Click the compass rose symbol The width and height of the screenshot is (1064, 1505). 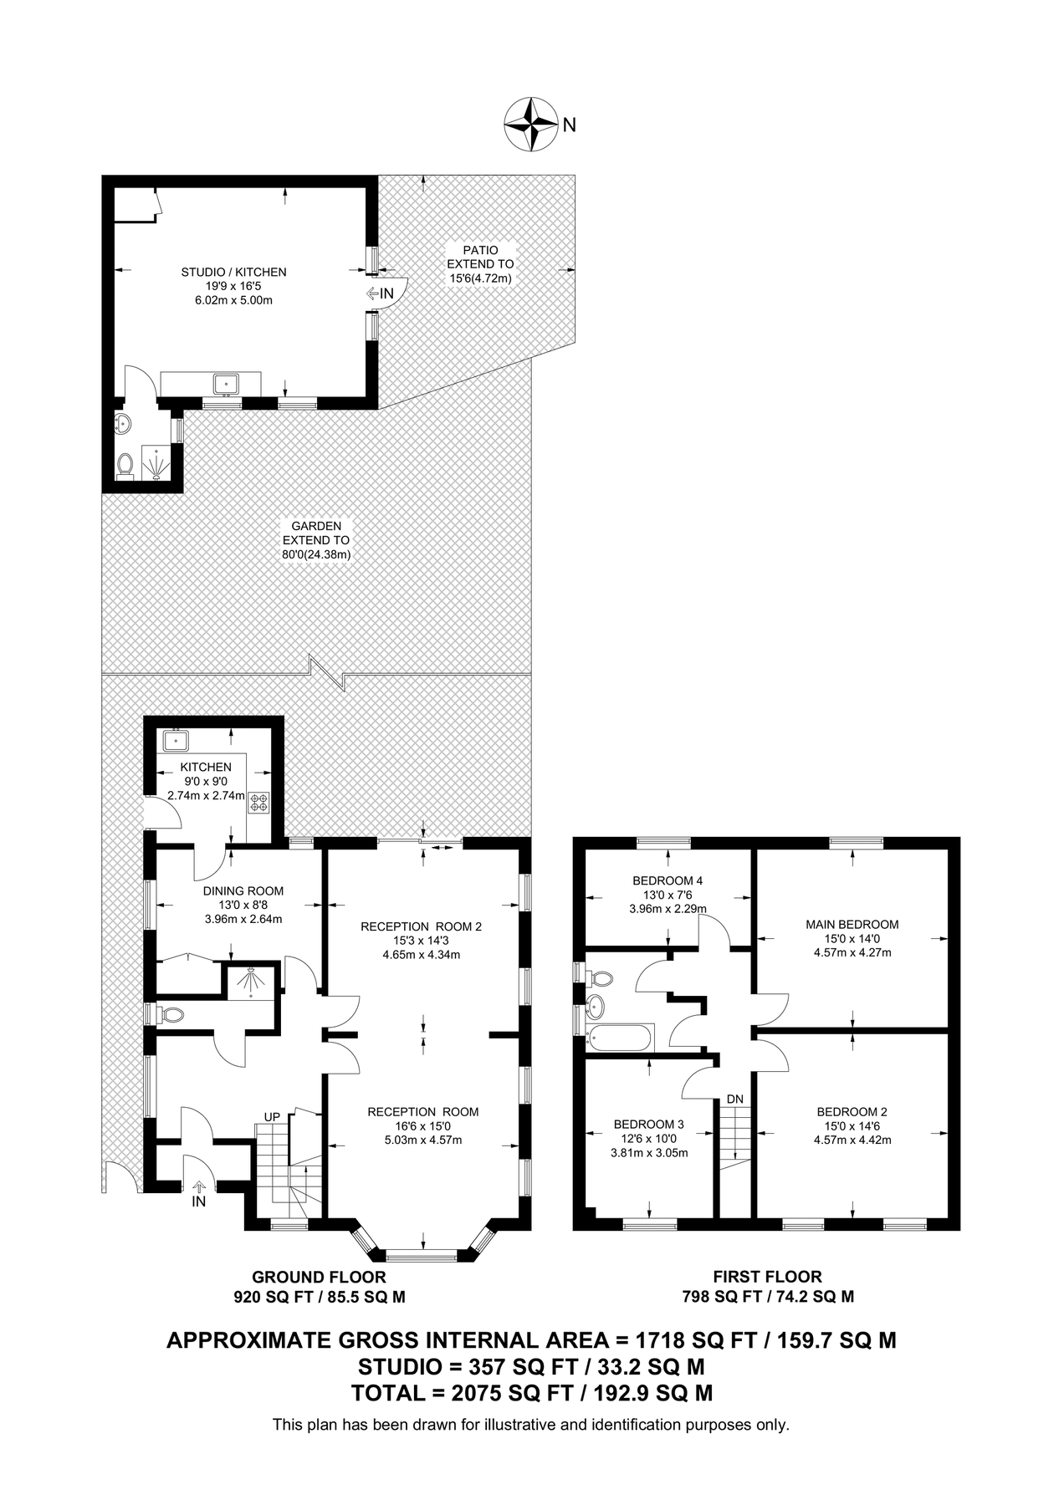pyautogui.click(x=531, y=125)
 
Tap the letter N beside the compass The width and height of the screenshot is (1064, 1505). pyautogui.click(x=569, y=125)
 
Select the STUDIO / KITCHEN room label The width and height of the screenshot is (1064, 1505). pyautogui.click(x=233, y=272)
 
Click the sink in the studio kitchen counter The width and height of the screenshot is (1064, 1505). pyautogui.click(x=226, y=384)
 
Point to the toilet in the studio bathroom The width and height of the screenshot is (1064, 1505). pyautogui.click(x=125, y=464)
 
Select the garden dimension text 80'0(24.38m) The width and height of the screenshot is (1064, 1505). pyautogui.click(x=315, y=554)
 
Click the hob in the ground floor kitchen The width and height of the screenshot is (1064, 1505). pyautogui.click(x=259, y=803)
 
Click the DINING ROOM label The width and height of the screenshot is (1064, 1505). pyautogui.click(x=243, y=890)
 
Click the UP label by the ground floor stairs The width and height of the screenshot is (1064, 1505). pyautogui.click(x=272, y=1116)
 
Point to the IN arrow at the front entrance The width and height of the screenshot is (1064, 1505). pyautogui.click(x=198, y=1188)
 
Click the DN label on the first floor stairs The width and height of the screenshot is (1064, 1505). pyautogui.click(x=734, y=1098)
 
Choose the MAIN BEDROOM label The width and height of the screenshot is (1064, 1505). pyautogui.click(x=852, y=924)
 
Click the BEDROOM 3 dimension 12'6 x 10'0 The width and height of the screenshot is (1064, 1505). pyautogui.click(x=648, y=1138)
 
